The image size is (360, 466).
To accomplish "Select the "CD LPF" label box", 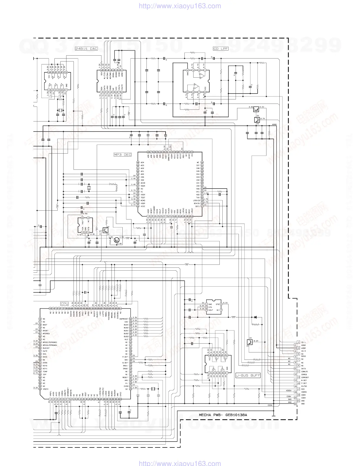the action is pyautogui.click(x=221, y=49).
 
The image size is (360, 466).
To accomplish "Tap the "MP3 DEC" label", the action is pyautogui.click(x=122, y=154).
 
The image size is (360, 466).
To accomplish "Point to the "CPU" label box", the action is pyautogui.click(x=64, y=304).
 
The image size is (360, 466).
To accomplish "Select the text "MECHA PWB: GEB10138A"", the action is pyautogui.click(x=223, y=415).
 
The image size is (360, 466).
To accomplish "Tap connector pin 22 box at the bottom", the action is pyautogui.click(x=295, y=404).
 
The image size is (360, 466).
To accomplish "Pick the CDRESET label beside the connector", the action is pyautogui.click(x=305, y=377).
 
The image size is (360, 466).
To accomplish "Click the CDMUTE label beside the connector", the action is pyautogui.click(x=304, y=372).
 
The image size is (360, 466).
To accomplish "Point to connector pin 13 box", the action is pyautogui.click(x=295, y=377).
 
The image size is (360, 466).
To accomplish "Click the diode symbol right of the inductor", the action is pyautogui.click(x=255, y=317).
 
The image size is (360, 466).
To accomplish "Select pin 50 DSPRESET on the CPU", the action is pyautogui.click(x=130, y=319).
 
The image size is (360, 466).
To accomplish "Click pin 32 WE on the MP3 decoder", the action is pyautogui.click(x=202, y=162).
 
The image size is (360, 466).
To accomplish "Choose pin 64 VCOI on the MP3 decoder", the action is pyautogui.click(x=138, y=206).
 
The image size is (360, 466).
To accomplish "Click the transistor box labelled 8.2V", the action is pyautogui.click(x=250, y=342).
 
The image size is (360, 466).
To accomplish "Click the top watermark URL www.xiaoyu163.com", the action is pyautogui.click(x=180, y=6).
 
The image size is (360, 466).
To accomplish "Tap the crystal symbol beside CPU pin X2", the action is pyautogui.click(x=152, y=389).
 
